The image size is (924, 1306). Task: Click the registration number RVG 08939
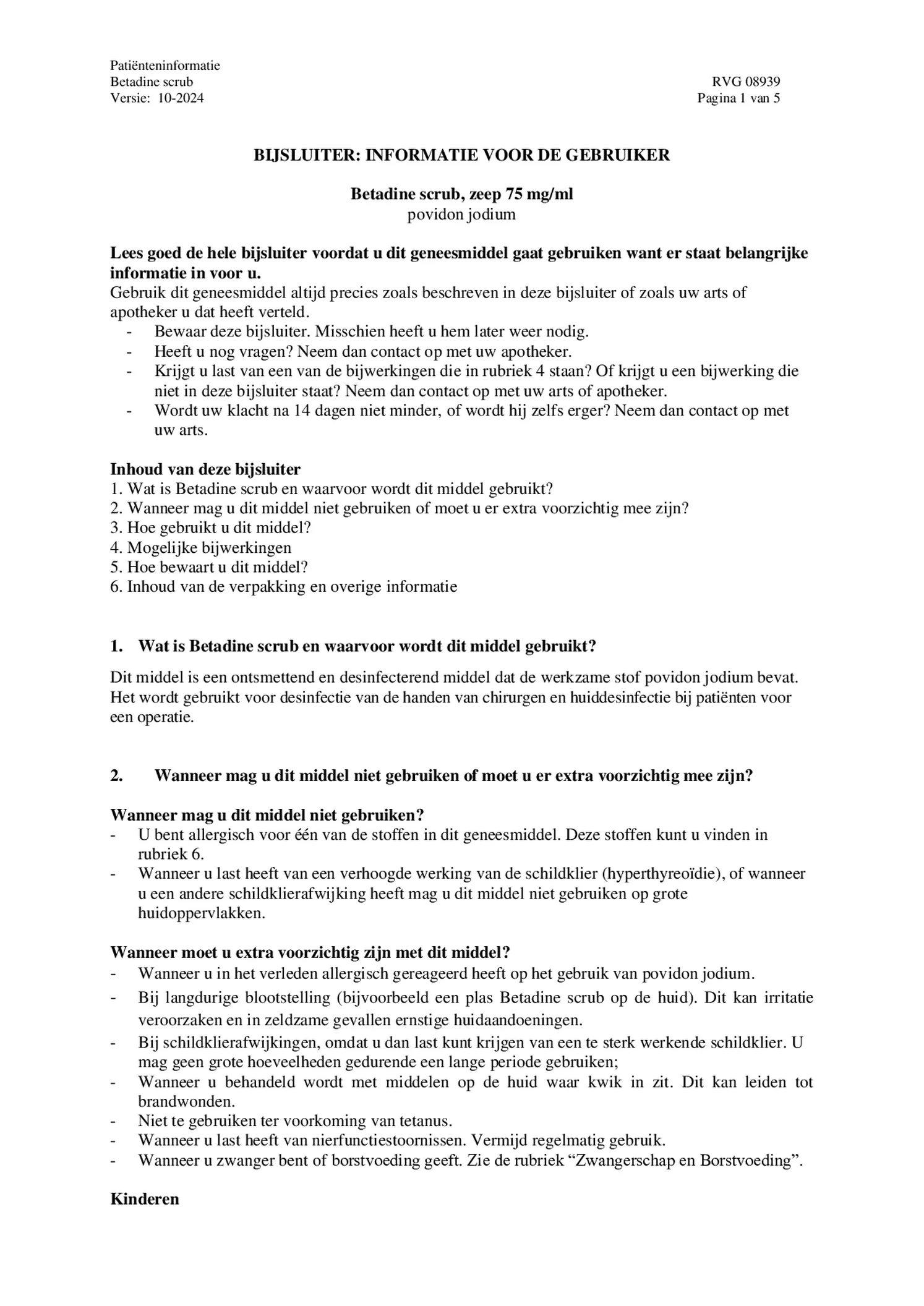pos(745,82)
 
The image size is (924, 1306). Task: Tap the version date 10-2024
pos(181,98)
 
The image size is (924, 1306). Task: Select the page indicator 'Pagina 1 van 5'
pos(738,98)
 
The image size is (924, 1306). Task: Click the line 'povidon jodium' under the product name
pos(461,215)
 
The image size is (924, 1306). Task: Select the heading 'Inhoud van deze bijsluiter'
pos(205,469)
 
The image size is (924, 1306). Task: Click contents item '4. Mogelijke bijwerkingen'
pos(200,547)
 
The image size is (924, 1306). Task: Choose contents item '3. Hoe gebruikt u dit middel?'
pos(210,527)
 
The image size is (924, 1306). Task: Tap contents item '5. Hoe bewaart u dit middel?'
pos(209,567)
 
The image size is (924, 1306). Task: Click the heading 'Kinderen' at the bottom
pos(145,1199)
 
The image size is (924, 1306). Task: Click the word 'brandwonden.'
pos(178,1101)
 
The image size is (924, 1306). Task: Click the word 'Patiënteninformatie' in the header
pos(165,66)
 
